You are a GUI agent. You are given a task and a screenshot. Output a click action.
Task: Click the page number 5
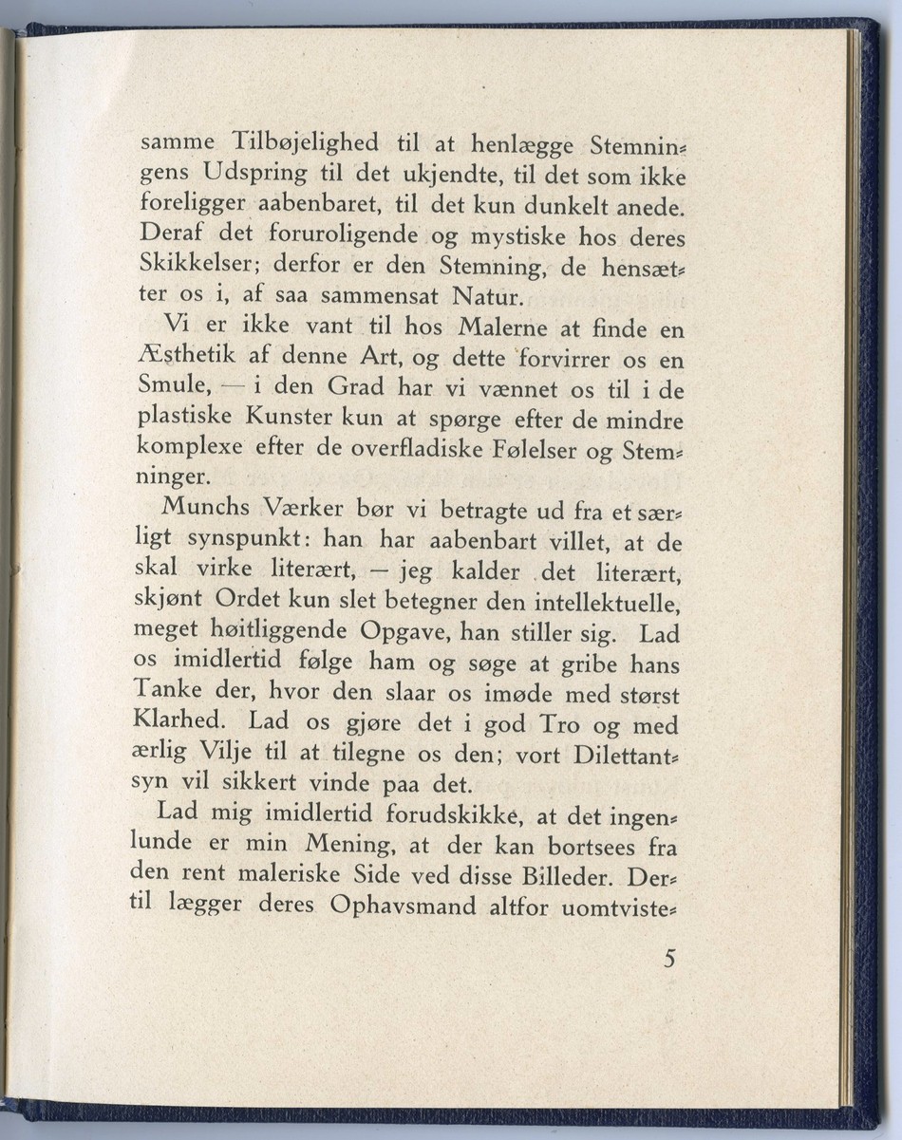pos(670,959)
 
